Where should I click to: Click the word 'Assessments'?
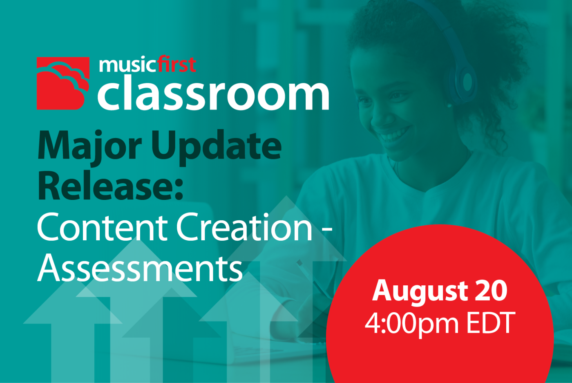(140, 268)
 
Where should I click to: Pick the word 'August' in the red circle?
(420, 291)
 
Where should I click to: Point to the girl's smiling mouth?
(393, 134)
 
